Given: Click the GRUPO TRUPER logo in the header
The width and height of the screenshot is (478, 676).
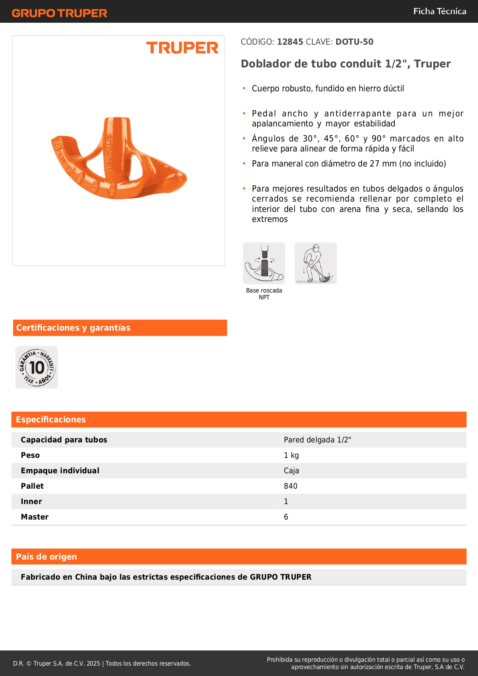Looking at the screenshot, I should (59, 13).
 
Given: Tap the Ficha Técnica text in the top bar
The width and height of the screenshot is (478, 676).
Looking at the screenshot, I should (439, 12).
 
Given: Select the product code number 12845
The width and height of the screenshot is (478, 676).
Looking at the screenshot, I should (290, 42).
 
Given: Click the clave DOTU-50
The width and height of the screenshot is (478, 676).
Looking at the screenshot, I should (354, 42).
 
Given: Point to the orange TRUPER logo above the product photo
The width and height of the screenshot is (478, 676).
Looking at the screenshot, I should (182, 48).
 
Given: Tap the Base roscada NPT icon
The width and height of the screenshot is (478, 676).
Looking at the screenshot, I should (264, 264).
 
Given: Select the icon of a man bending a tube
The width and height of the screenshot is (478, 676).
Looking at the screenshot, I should (315, 264).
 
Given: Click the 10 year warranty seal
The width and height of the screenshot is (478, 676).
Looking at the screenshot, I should (37, 367).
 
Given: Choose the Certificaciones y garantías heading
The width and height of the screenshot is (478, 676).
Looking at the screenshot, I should (73, 328).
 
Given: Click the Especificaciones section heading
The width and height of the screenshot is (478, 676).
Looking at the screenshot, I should (51, 420).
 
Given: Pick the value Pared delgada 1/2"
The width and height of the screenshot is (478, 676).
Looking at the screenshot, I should (317, 440).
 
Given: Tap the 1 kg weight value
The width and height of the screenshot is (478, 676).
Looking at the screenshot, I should (291, 456).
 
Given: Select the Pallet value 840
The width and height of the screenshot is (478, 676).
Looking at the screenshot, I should (290, 486).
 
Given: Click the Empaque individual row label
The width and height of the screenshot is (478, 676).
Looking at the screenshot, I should (60, 471).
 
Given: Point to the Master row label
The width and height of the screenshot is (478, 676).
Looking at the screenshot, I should (35, 517).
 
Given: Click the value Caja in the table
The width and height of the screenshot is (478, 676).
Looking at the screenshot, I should (291, 471).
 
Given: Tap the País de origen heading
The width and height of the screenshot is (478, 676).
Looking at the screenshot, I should (46, 557).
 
